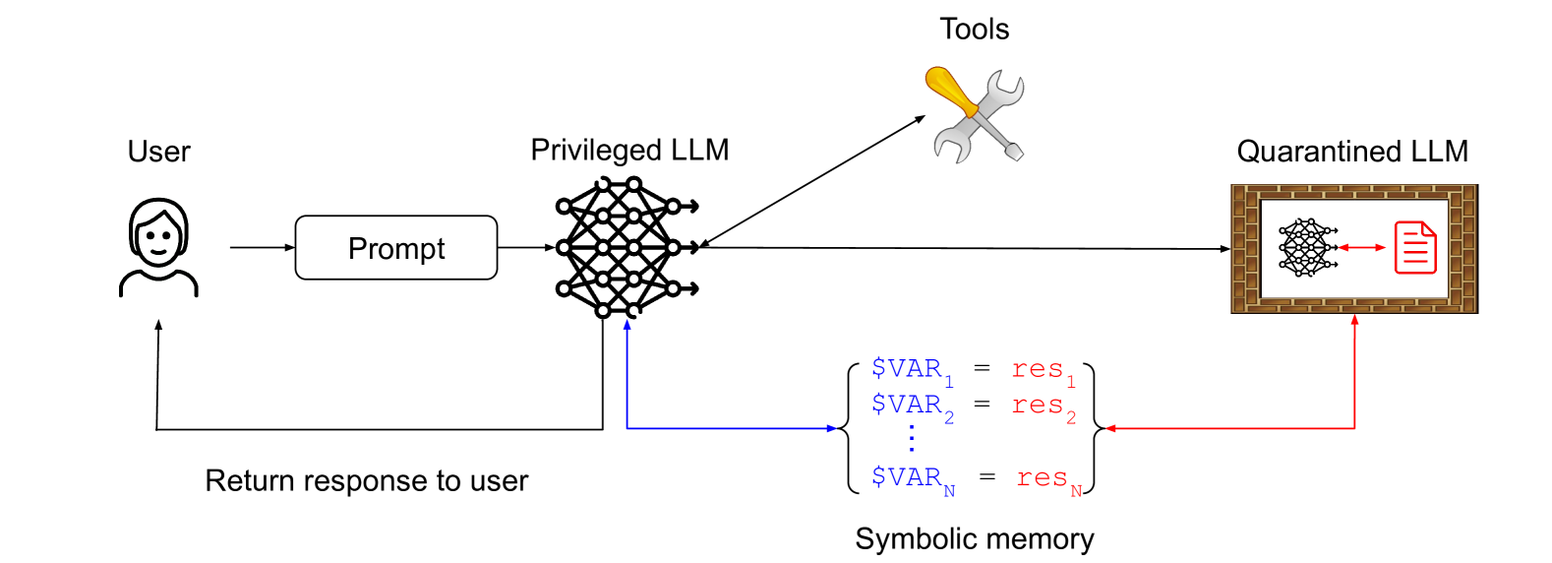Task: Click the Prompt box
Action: tap(396, 248)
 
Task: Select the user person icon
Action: tap(158, 247)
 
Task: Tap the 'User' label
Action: tap(158, 152)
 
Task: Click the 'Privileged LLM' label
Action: tap(629, 150)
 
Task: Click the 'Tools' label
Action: tap(974, 30)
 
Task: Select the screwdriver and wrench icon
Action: tap(975, 114)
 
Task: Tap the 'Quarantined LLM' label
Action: tap(1352, 152)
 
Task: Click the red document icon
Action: tap(1415, 247)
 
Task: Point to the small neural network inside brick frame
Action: tap(1306, 247)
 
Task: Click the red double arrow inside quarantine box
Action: tap(1361, 247)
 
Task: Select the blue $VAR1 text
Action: tap(911, 370)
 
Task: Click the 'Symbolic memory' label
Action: tap(974, 538)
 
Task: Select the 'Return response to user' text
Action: tap(366, 480)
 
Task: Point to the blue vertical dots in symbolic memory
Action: tap(912, 438)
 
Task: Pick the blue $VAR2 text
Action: tap(911, 406)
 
